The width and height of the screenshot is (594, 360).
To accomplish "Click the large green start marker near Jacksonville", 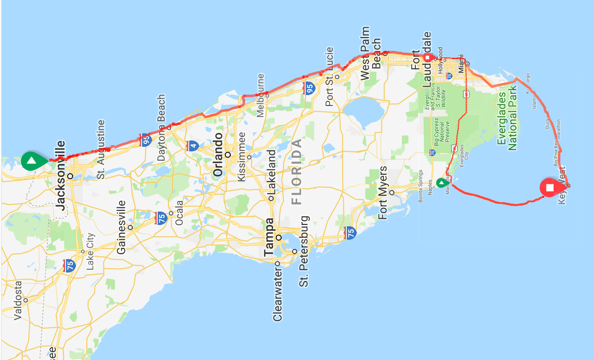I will pos(32,161).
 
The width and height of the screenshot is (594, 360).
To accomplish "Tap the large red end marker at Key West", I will pos(550,188).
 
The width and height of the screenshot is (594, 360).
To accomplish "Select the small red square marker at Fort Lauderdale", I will pos(428,57).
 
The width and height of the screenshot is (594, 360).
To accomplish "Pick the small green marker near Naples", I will pos(440,183).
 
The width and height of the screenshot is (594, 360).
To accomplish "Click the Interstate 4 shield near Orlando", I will pos(193,146).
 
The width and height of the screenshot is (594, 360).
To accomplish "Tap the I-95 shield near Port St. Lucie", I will pos(309,88).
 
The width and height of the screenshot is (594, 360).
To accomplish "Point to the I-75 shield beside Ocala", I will pos(161,218).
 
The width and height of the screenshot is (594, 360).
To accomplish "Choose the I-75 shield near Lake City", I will pos(69,265).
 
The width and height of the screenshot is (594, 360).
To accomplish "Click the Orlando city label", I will pos(218,154).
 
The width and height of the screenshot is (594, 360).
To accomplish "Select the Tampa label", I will pos(269,237).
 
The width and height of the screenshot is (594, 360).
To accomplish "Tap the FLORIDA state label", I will pos(296,172).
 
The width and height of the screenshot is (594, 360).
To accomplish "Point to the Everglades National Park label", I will pos(507,118).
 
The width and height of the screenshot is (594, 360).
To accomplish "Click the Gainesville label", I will pos(121,227).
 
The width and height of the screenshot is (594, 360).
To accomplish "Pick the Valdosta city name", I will pos(18,300).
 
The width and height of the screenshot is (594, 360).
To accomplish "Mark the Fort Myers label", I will pos(383,193).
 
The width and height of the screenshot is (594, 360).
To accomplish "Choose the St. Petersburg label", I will pos(304,251).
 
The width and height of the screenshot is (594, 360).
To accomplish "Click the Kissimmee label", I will pos(241,157).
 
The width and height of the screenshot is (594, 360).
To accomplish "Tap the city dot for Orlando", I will pos(228,155).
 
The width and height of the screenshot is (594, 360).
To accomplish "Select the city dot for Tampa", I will pos(278,238).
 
